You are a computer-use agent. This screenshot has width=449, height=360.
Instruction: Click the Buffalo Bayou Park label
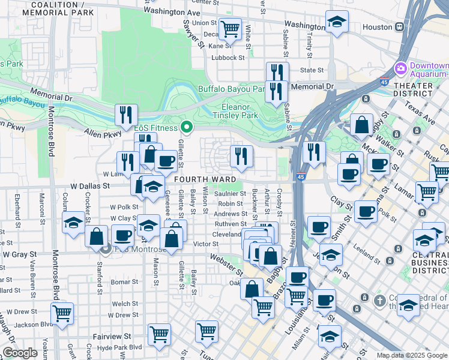(x=232, y=89)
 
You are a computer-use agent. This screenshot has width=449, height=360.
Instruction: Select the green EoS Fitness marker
(x=187, y=127)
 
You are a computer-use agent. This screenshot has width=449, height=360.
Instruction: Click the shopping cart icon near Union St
(x=230, y=28)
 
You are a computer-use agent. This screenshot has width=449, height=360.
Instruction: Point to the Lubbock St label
(x=228, y=58)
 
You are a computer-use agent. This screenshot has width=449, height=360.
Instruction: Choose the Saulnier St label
(x=230, y=193)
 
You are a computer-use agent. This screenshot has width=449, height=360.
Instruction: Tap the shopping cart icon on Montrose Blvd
(x=62, y=313)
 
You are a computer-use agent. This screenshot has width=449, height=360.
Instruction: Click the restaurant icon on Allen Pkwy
(x=126, y=115)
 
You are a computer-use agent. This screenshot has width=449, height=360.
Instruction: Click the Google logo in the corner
(x=20, y=353)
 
